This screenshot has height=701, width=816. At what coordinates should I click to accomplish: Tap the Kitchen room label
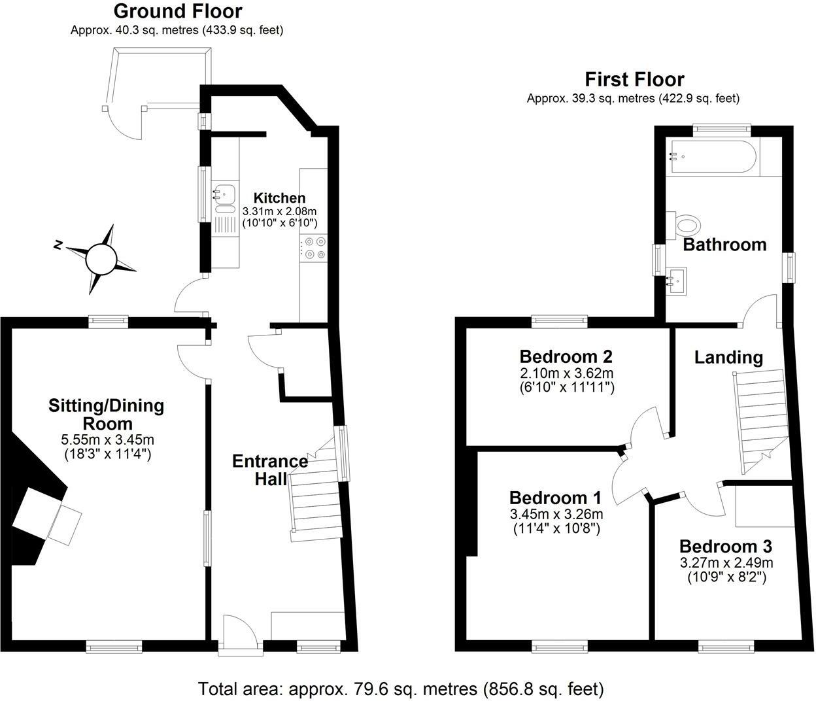click(x=279, y=198)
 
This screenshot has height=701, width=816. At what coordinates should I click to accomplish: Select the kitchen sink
click(x=224, y=194)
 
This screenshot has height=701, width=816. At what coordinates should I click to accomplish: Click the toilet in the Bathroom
click(x=687, y=226)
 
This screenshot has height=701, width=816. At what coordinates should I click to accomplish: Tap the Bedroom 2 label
click(x=566, y=357)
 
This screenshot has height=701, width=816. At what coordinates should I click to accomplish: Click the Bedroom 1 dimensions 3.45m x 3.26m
click(x=556, y=514)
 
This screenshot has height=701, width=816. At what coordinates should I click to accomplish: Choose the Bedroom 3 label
click(x=725, y=547)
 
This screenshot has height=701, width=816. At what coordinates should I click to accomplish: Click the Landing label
click(x=728, y=358)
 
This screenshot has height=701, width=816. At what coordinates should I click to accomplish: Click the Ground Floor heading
click(x=177, y=11)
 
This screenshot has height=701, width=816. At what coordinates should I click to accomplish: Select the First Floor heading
click(x=634, y=80)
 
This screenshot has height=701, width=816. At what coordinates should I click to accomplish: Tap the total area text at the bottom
click(x=401, y=689)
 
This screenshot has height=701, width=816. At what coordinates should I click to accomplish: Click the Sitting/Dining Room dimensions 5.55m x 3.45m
click(x=107, y=439)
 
